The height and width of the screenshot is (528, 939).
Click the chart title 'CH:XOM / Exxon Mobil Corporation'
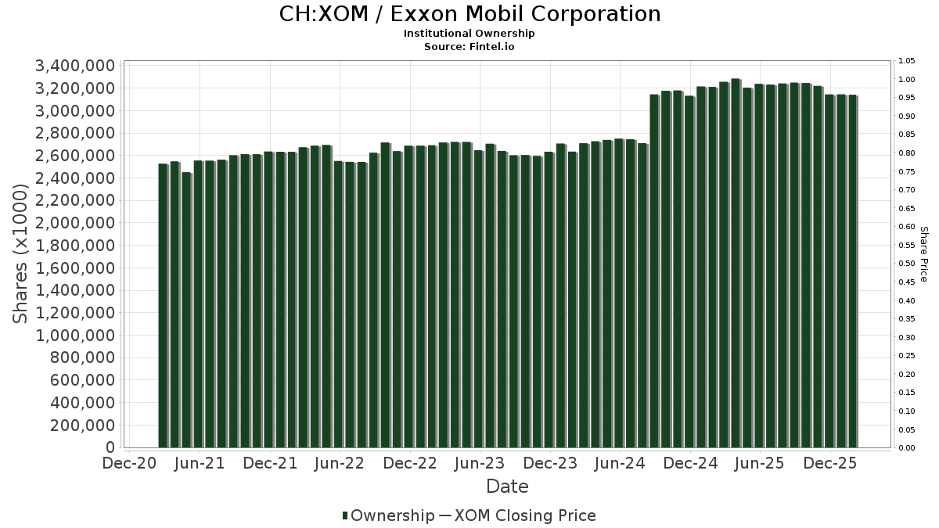[x=469, y=14]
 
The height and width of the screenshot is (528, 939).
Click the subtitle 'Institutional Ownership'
[x=469, y=34]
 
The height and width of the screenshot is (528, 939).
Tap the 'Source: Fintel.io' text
[x=469, y=47]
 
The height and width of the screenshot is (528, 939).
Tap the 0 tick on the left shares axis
[x=110, y=447]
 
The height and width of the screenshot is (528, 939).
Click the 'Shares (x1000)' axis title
[x=22, y=253]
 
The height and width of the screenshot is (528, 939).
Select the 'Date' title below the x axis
[x=507, y=487]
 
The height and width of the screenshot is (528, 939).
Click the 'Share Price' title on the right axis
[x=923, y=253]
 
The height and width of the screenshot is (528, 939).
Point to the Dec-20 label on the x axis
[x=129, y=463]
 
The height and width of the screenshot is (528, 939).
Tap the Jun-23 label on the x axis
[x=479, y=463]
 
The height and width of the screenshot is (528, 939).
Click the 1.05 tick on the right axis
[x=907, y=61]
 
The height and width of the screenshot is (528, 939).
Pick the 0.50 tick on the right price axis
[x=907, y=264]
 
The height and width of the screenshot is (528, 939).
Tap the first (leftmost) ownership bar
[x=163, y=306]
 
